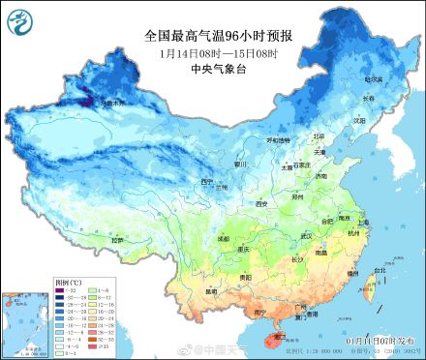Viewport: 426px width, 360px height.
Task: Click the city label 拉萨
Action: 118,239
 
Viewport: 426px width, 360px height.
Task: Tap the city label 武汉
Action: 308,235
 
